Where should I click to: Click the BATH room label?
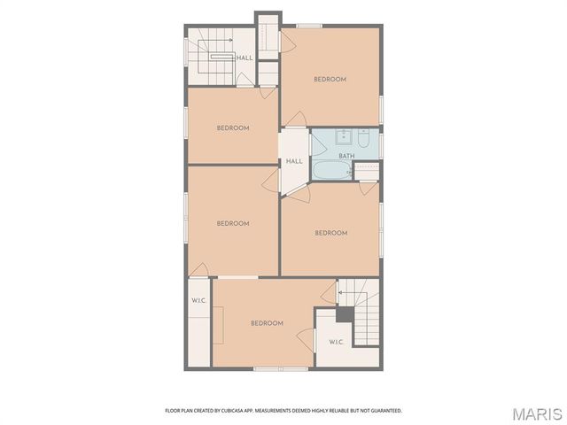coord(346,156)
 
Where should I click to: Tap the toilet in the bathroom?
coord(363,137)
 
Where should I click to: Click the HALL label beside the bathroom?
coord(294,161)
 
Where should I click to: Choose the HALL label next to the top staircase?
coord(245,58)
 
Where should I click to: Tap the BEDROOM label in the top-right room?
coord(330,79)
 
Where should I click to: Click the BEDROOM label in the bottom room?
coord(266,323)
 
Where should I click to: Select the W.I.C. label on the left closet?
coord(198,301)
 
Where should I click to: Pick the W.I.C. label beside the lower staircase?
coord(336,342)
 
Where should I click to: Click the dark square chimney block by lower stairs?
coord(345,314)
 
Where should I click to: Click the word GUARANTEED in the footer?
coord(382,411)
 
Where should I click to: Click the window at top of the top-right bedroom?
coord(309,26)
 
